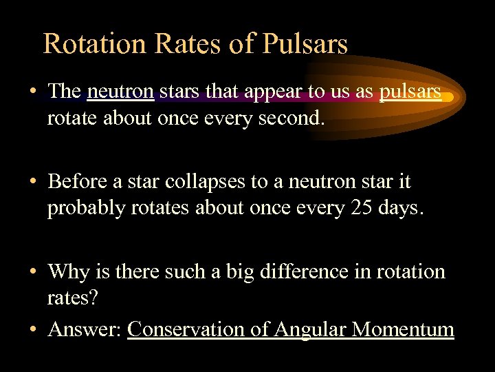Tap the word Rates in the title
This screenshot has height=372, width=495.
[175, 43]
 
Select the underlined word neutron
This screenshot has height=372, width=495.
[120, 92]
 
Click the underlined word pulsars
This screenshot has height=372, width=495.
[410, 92]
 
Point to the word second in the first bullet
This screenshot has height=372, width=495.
[289, 118]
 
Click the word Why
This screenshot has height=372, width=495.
[66, 271]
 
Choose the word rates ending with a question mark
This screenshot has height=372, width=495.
[71, 298]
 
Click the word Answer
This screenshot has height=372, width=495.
[85, 329]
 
